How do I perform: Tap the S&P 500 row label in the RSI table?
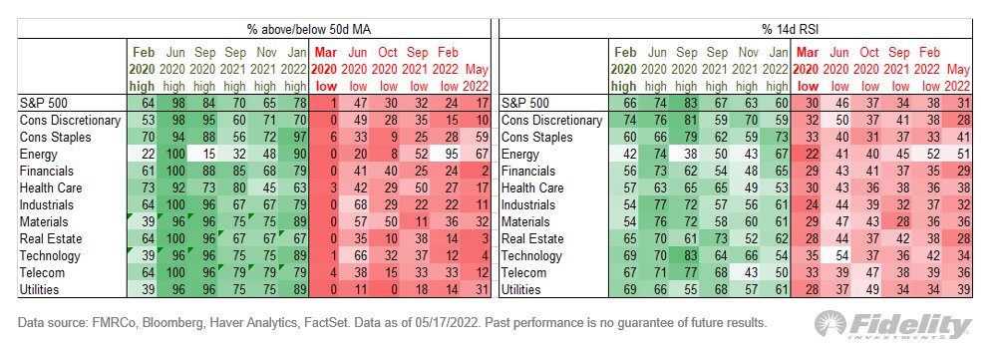(x=529, y=103)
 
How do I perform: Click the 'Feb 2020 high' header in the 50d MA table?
(x=143, y=67)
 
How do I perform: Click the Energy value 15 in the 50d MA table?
(x=204, y=154)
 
